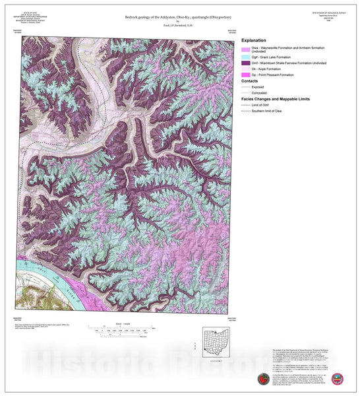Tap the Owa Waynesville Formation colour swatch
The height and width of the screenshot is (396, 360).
[x=247, y=50]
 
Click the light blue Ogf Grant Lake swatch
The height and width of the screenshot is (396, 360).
[x=247, y=58]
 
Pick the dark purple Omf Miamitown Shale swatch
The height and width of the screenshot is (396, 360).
[x=247, y=66]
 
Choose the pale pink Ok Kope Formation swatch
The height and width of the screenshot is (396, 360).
[x=247, y=74]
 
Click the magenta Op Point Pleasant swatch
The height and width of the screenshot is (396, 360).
[x=247, y=81]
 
